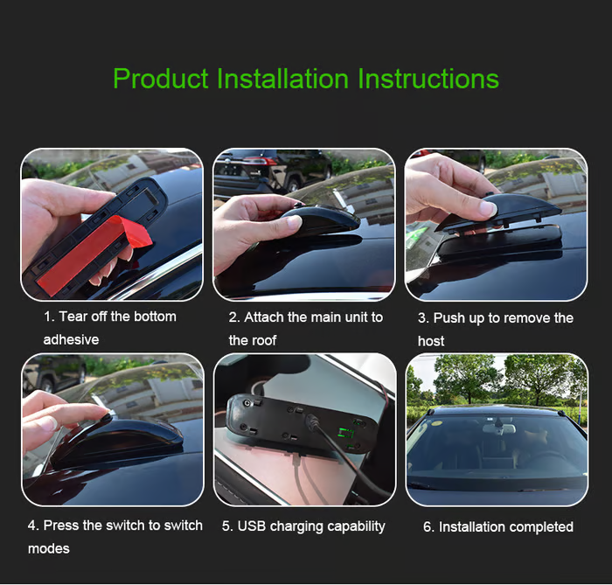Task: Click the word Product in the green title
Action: pyautogui.click(x=160, y=79)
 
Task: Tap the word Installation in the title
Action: pyautogui.click(x=282, y=79)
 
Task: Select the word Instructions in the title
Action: pyautogui.click(x=428, y=79)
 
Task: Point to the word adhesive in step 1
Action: pyautogui.click(x=71, y=339)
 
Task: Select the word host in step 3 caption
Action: pyautogui.click(x=431, y=341)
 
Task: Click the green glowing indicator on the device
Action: pyautogui.click(x=346, y=432)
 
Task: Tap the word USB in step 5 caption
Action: pyautogui.click(x=252, y=526)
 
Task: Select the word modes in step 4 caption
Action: pyautogui.click(x=49, y=548)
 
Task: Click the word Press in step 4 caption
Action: pyautogui.click(x=60, y=526)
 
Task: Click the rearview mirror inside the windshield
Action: pyautogui.click(x=499, y=428)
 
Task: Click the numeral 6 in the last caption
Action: pyautogui.click(x=427, y=527)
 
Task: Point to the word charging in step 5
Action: pyautogui.click(x=296, y=526)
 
